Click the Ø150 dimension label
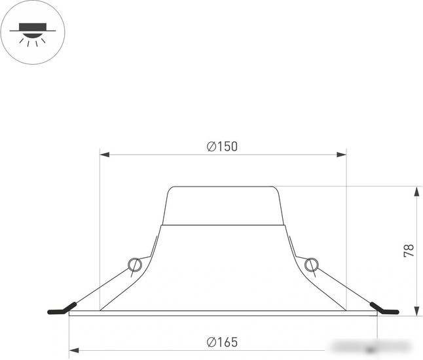(222, 147)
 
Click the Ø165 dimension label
(222, 342)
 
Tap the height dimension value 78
(409, 251)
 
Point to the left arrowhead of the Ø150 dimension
(104, 154)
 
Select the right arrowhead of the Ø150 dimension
(342, 154)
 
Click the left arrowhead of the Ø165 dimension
(74, 350)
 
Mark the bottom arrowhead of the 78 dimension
(417, 311)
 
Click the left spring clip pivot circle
(134, 265)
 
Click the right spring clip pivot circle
(312, 265)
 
